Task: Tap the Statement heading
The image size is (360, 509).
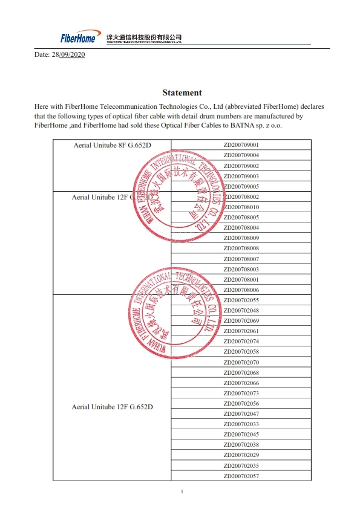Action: tap(182, 92)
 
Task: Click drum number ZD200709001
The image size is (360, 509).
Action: tap(241, 145)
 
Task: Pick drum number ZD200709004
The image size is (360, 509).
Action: tap(241, 155)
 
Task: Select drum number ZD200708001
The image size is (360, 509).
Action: tap(241, 280)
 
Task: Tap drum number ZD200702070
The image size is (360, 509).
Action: tap(241, 362)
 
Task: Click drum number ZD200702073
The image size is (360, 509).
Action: tap(241, 394)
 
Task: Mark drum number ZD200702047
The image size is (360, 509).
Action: tap(241, 414)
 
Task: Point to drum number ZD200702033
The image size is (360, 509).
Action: tap(241, 424)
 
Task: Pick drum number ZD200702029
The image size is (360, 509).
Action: tap(241, 455)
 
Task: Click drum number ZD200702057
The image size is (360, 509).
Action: tap(241, 476)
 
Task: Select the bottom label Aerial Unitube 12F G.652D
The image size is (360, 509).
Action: tap(112, 407)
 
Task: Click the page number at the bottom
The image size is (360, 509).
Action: tap(182, 491)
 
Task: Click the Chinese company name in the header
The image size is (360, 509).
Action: tap(144, 37)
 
